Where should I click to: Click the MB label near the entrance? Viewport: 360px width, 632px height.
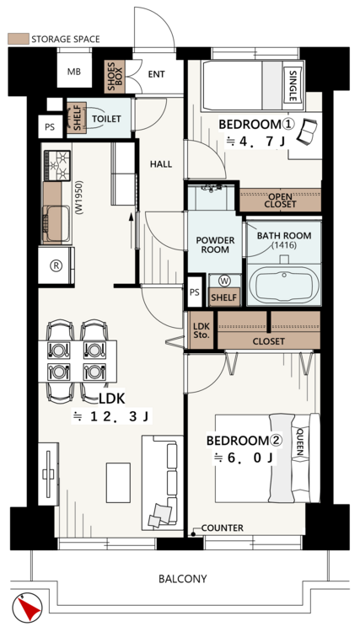(x=74, y=72)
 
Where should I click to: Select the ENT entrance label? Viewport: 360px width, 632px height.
(x=157, y=74)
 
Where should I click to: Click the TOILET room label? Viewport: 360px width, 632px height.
(x=106, y=119)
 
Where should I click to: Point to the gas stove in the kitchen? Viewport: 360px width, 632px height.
(x=56, y=165)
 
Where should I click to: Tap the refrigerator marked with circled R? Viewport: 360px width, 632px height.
(x=56, y=265)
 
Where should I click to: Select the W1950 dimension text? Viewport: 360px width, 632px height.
(x=79, y=196)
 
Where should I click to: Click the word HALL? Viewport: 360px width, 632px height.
(x=161, y=164)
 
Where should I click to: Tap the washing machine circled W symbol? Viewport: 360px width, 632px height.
(x=224, y=281)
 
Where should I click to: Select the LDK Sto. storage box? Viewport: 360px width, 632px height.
(x=201, y=330)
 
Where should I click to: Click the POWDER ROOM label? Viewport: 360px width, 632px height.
(x=215, y=245)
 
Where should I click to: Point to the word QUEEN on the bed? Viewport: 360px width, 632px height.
(x=300, y=442)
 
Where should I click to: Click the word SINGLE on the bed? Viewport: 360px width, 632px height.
(x=293, y=86)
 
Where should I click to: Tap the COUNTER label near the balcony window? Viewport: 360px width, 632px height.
(x=222, y=528)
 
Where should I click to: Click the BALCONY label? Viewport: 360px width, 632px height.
(x=183, y=579)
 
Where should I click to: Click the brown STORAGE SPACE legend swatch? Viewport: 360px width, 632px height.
(x=19, y=39)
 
